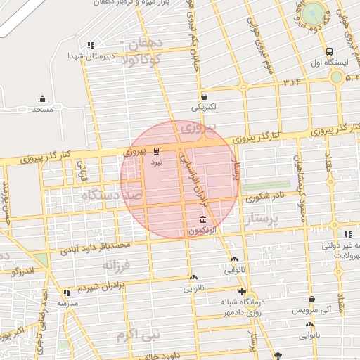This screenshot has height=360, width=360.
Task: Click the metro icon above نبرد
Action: pyautogui.click(x=156, y=150)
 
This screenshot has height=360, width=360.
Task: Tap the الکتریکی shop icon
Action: pyautogui.click(x=204, y=96)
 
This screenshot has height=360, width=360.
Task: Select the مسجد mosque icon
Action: pyautogui.click(x=42, y=98)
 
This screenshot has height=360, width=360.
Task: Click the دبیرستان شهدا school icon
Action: pyautogui.click(x=91, y=45)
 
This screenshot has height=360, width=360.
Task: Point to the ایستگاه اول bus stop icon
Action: pyautogui.click(x=329, y=51)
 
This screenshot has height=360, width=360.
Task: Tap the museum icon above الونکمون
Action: pyautogui.click(x=202, y=219)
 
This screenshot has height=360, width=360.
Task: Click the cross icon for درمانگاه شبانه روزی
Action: pyautogui.click(x=242, y=291)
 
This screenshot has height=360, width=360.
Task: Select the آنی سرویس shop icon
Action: pyautogui.click(x=311, y=299)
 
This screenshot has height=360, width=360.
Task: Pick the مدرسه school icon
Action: pyautogui.click(x=67, y=292)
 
